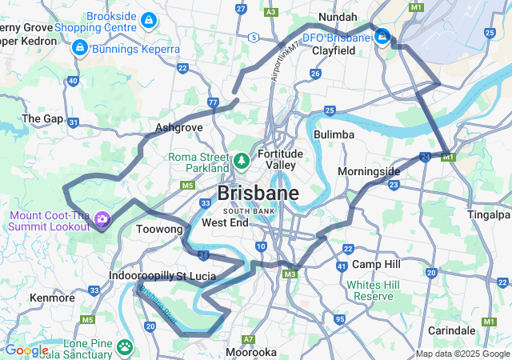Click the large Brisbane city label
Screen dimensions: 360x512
click(258, 194)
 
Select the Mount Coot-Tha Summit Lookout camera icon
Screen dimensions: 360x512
click(102, 218)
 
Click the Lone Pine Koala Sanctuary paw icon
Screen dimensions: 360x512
click(125, 346)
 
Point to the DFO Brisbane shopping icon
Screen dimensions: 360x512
click(383, 37)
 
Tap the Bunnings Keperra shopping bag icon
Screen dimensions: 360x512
click(78, 49)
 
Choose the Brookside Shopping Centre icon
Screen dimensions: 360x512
click(147, 19)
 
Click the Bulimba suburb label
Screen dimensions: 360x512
click(334, 134)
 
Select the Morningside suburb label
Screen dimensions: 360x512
click(368, 172)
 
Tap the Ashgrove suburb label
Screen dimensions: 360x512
click(179, 127)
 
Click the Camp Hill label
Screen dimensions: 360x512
click(376, 264)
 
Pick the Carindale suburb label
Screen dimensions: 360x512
click(451, 330)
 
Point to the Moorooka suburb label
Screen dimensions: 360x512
click(252, 352)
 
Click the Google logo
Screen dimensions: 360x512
click(26, 350)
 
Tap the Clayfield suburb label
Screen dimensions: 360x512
click(334, 50)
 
